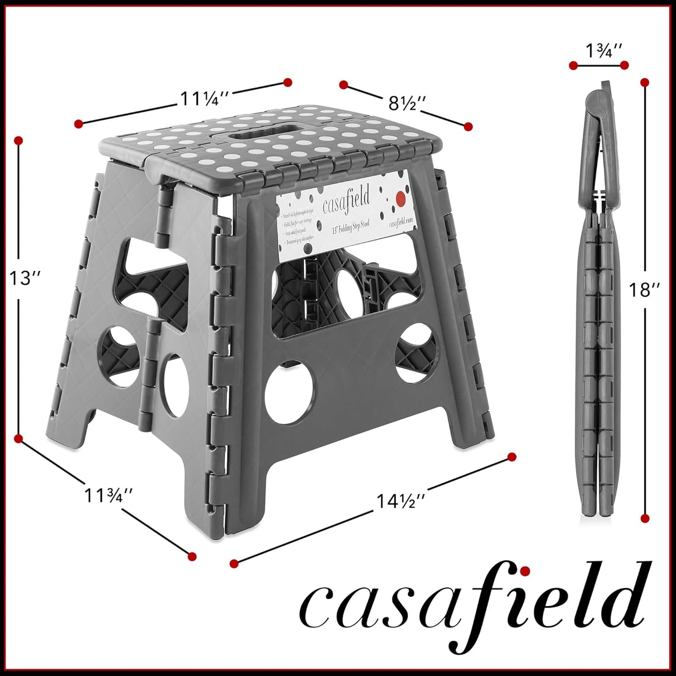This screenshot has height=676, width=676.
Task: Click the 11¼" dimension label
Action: coord(204,99)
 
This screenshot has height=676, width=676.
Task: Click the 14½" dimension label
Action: coord(401,502)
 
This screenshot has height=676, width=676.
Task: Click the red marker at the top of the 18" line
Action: coord(645,83)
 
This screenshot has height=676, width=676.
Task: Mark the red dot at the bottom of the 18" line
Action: coord(645,518)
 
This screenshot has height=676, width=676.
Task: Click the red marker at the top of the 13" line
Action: coord(19,140)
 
